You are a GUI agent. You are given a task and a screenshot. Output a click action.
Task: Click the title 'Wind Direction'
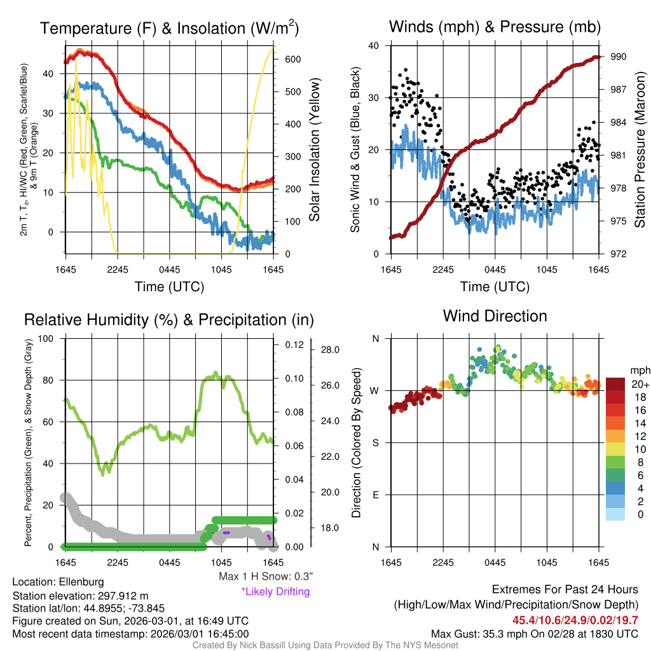click(x=495, y=316)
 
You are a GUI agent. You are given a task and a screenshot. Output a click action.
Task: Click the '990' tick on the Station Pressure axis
click(x=619, y=57)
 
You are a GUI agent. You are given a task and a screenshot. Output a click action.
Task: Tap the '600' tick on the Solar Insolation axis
click(x=292, y=59)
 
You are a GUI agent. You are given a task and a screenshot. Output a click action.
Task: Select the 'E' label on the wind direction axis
click(x=375, y=495)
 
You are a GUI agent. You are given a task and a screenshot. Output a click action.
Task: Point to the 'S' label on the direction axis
click(x=375, y=442)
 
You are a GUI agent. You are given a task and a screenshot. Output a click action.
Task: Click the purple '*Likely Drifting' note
click(x=275, y=592)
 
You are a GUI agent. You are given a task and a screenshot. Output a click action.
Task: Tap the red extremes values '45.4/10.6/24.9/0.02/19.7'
click(x=575, y=620)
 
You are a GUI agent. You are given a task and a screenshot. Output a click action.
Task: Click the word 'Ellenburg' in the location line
click(x=81, y=582)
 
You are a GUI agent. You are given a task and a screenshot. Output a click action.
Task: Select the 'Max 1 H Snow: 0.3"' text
click(x=265, y=577)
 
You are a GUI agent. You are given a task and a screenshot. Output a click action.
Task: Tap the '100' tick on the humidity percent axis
click(x=46, y=338)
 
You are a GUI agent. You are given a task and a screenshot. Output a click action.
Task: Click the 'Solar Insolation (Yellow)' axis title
click(x=314, y=150)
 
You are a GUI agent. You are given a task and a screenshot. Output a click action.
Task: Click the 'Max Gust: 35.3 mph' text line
click(x=535, y=634)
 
